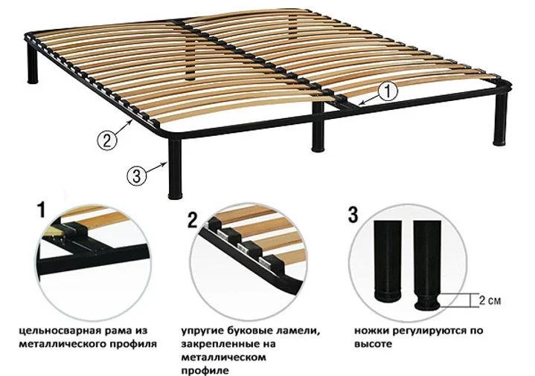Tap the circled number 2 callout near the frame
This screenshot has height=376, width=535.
coord(107,140)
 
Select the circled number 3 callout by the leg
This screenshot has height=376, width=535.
coord(136,176)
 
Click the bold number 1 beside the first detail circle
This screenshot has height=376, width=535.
coord(41,210)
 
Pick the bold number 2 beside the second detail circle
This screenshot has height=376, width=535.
coord(193,219)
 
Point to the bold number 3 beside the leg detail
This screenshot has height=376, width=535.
coord(353,215)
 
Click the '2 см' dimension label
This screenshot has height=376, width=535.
coord(490,301)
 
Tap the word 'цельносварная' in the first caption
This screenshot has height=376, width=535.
coord(59,331)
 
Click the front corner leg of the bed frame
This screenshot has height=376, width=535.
coord(175,169)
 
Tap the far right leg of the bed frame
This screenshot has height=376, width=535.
coord(501,117)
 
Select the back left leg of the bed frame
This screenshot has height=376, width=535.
coord(33,64)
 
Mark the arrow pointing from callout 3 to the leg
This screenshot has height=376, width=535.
coord(157,169)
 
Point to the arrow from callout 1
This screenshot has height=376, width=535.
coord(371,99)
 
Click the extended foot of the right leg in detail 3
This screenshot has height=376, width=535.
coord(427,302)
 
